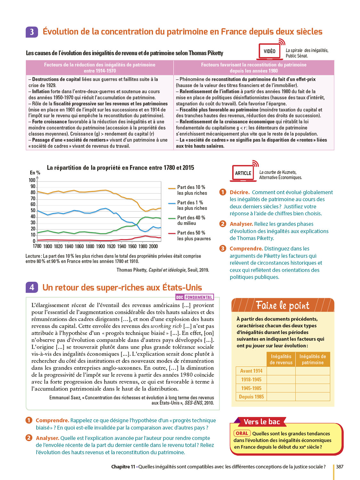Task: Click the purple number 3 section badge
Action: pyautogui.click(x=32, y=32)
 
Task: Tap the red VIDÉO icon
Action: pyautogui.click(x=270, y=51)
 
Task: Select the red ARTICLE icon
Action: pyautogui.click(x=243, y=173)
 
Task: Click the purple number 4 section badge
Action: pyautogui.click(x=32, y=287)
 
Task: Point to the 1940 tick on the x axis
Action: pyautogui.click(x=122, y=246)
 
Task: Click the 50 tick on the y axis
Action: pyautogui.click(x=33, y=211)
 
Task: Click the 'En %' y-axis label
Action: pyautogui.click(x=35, y=173)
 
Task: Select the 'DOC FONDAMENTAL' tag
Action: pyautogui.click(x=195, y=297)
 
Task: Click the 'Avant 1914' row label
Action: pyautogui.click(x=251, y=371)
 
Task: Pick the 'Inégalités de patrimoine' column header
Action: pyautogui.click(x=313, y=359)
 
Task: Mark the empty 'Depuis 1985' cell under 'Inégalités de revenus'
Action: pyautogui.click(x=281, y=397)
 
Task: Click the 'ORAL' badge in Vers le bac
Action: pyautogui.click(x=242, y=433)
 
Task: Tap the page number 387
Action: pyautogui.click(x=340, y=467)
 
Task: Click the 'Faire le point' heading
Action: pyautogui.click(x=283, y=306)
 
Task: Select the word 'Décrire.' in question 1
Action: pyautogui.click(x=239, y=192)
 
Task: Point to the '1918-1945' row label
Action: pyautogui.click(x=251, y=380)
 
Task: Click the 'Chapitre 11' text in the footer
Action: pyautogui.click(x=123, y=467)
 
